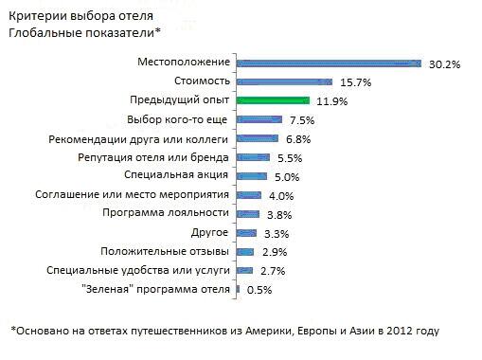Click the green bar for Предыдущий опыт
(273, 100)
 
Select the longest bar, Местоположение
(329, 63)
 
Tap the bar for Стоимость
(284, 82)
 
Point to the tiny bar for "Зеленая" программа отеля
(238, 289)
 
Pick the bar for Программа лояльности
(248, 214)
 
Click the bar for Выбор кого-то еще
(259, 119)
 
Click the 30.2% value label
(444, 64)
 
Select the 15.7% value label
(355, 82)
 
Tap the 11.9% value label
(332, 101)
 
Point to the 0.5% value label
(259, 290)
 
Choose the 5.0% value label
(287, 177)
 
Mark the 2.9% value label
(275, 252)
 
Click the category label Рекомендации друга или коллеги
(138, 139)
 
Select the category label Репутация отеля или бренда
(153, 157)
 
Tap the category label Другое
(209, 233)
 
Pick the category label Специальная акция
(176, 175)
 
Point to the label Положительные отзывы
(165, 252)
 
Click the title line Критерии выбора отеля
(80, 16)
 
